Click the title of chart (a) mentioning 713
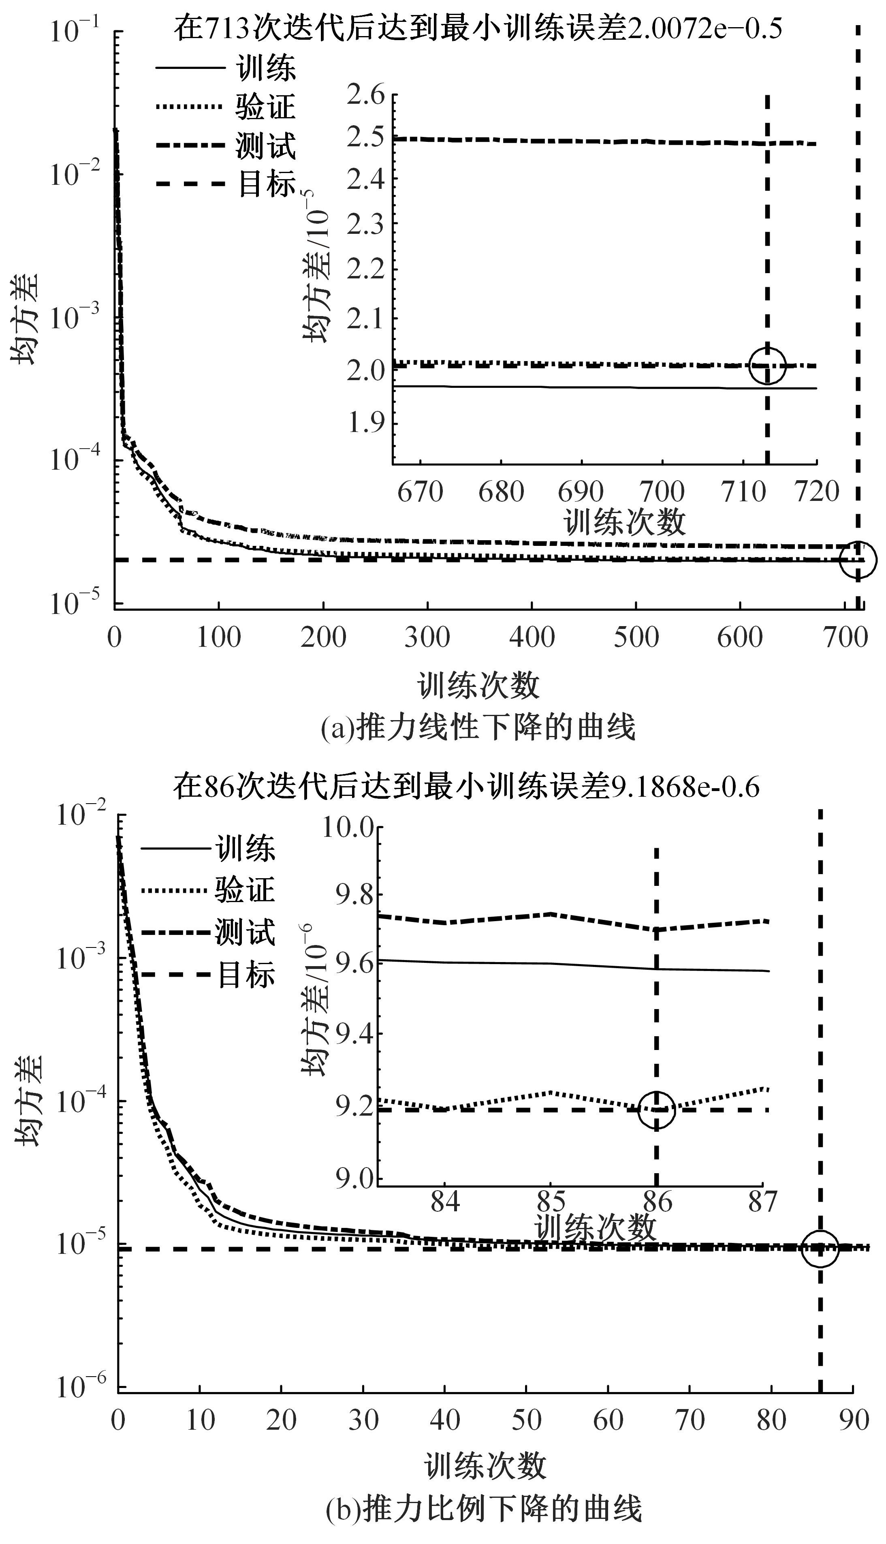click(x=478, y=29)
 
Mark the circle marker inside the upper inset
click(x=767, y=366)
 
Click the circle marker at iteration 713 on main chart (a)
click(x=858, y=559)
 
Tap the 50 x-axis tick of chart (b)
click(x=526, y=1420)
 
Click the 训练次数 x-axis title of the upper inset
click(x=626, y=522)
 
